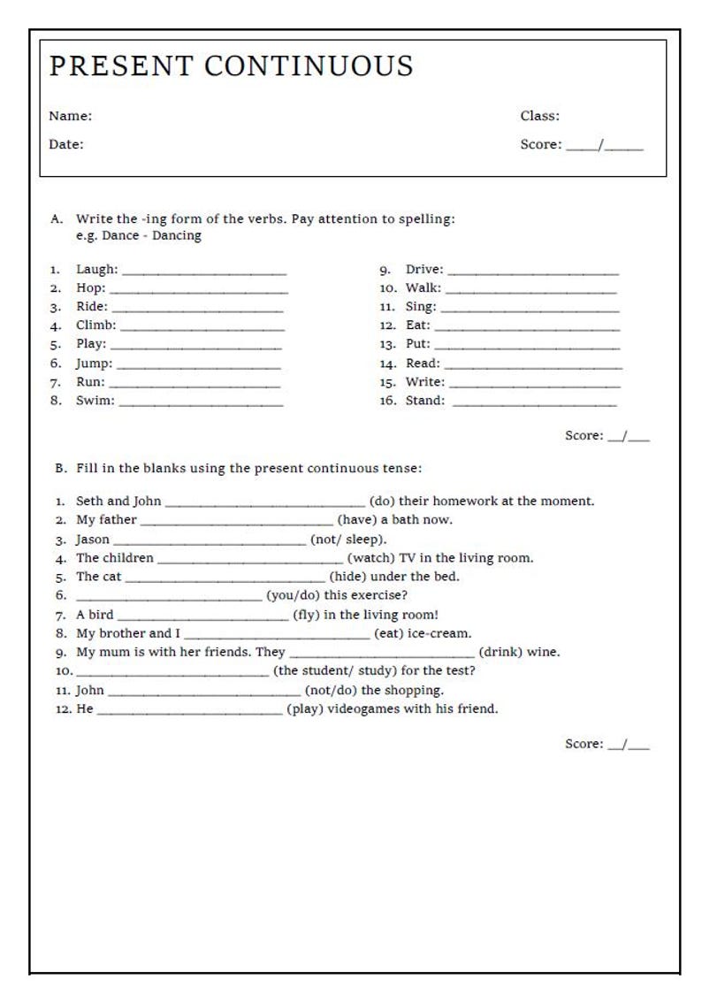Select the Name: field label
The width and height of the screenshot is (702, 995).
tap(70, 116)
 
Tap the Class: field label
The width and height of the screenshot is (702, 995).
tap(539, 116)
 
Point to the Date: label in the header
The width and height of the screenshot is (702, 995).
tap(66, 144)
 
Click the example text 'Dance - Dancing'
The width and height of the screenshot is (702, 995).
tap(151, 236)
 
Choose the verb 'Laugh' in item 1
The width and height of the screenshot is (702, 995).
tap(95, 270)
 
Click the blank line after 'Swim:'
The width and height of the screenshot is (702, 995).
tap(201, 403)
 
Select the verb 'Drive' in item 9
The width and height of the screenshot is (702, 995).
tap(423, 270)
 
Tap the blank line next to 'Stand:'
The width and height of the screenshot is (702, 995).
tap(534, 403)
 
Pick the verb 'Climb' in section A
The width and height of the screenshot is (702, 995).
tap(95, 325)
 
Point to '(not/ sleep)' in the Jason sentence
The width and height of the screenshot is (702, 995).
tap(348, 540)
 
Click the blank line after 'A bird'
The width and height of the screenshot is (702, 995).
tap(203, 617)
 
